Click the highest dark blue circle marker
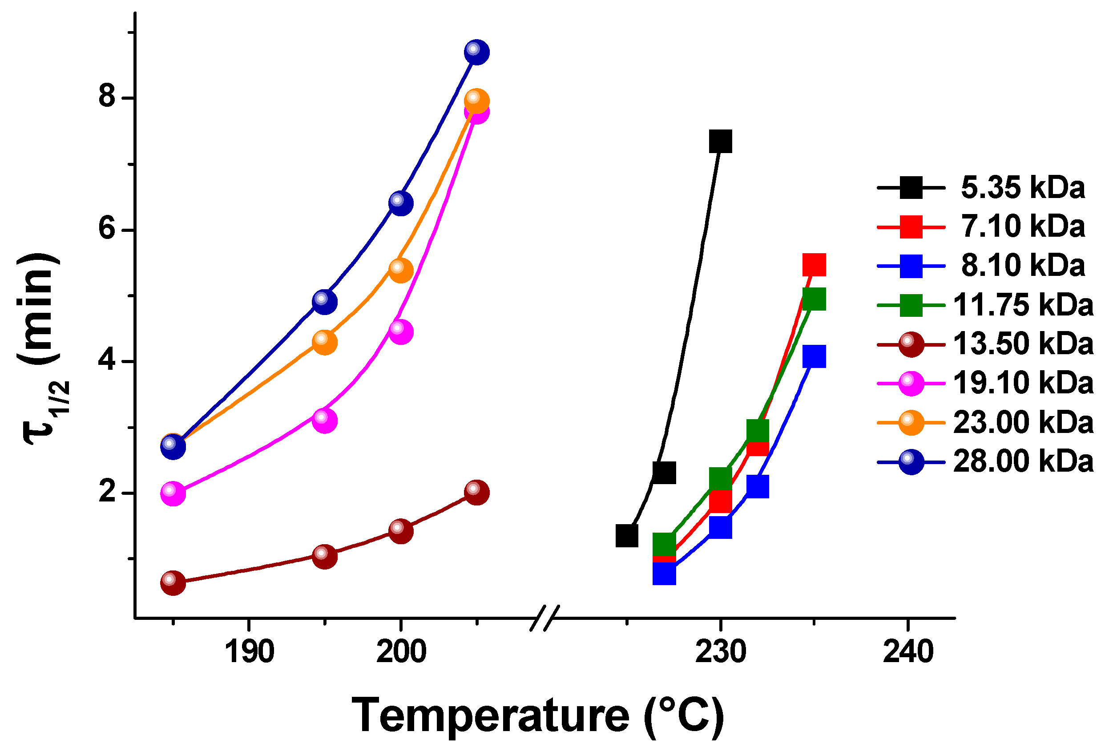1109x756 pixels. [x=476, y=52]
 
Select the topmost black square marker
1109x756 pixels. [x=720, y=141]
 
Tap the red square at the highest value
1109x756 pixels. [x=814, y=265]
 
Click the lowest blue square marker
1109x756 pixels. [x=664, y=574]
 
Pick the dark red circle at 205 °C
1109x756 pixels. [x=476, y=493]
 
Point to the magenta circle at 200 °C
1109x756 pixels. [x=401, y=332]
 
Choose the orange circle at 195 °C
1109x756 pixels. [x=324, y=342]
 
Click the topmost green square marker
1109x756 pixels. [x=814, y=299]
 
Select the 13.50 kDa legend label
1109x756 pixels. [x=1023, y=343]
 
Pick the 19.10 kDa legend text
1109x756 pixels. [x=1023, y=383]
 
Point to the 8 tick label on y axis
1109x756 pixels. [x=107, y=97]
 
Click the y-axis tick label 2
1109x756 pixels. [x=107, y=492]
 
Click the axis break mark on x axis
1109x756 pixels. [x=545, y=618]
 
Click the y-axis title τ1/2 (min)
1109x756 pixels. [x=40, y=348]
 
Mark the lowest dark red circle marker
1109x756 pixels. [x=173, y=582]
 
